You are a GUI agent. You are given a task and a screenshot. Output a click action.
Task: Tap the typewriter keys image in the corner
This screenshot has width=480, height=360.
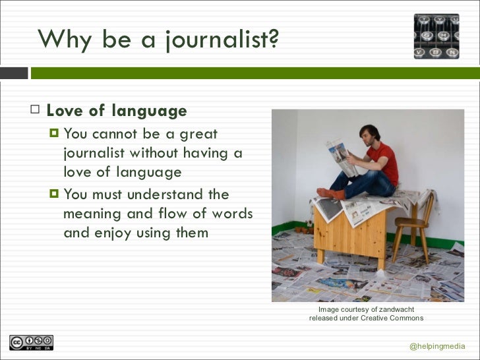436,36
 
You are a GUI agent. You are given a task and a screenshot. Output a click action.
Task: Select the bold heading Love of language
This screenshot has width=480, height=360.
117,111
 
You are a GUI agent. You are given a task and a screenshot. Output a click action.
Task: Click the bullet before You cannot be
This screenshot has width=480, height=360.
54,135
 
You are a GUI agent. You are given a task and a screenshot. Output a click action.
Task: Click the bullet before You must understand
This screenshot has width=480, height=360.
54,195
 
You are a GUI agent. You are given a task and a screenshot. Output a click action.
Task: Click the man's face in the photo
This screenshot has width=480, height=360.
367,138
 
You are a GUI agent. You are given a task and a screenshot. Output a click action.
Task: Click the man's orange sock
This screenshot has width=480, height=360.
330,193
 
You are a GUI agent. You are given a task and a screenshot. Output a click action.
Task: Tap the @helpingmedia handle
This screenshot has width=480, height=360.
437,346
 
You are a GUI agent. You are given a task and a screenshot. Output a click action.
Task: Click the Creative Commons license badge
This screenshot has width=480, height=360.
31,343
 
